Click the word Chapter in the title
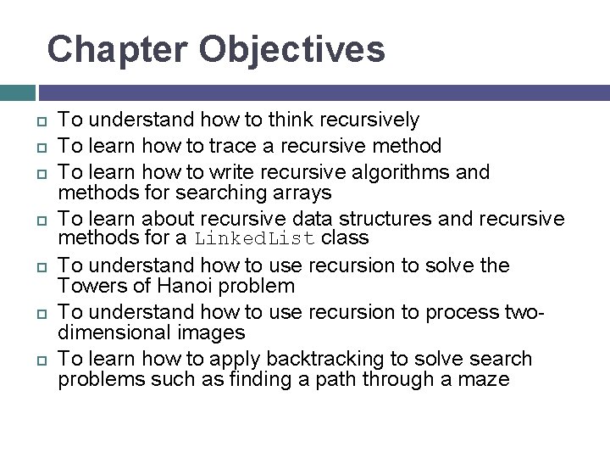click(117, 49)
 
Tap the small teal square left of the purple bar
click(17, 92)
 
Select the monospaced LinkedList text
click(255, 239)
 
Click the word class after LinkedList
click(346, 239)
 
